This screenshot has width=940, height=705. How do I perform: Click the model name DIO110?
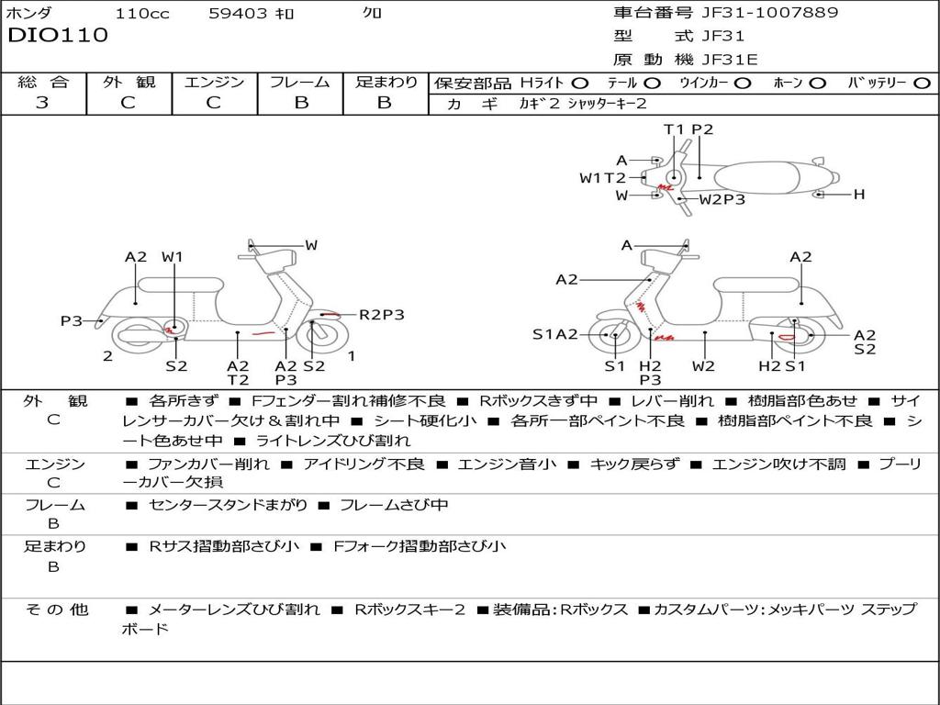point(58,36)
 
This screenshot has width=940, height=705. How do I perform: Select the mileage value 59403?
point(237,14)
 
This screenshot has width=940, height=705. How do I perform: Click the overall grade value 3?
point(42,103)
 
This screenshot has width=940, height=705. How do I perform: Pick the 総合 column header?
point(43,83)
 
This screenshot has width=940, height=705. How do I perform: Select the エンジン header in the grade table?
point(214,83)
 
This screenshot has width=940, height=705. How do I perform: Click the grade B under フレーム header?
point(300,103)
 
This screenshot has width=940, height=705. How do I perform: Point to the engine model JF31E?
point(730,60)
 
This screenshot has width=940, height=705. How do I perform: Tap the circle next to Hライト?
point(580,84)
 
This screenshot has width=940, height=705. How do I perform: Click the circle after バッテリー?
point(922,84)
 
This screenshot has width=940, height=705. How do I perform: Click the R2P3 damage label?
point(381,315)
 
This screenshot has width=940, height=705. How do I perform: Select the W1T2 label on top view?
point(602,178)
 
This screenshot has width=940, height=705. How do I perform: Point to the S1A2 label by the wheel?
point(555,334)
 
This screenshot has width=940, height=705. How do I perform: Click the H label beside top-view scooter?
point(859,195)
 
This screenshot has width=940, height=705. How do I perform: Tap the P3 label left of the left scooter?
point(72,320)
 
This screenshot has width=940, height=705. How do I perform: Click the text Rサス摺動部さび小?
point(224,547)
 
